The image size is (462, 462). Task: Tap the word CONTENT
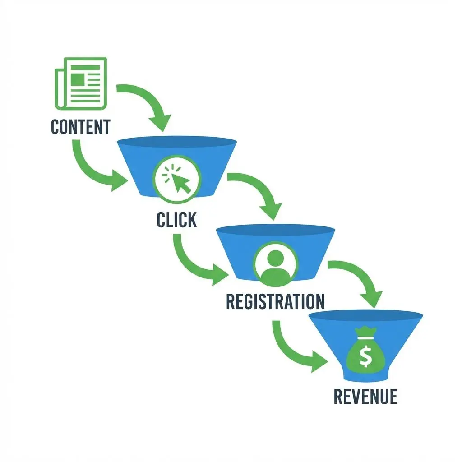80,127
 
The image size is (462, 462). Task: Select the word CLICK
176,219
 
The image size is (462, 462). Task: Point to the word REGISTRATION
275,301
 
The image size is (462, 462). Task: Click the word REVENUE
365,397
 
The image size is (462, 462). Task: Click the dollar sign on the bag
365,357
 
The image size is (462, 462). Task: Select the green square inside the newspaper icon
77,80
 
